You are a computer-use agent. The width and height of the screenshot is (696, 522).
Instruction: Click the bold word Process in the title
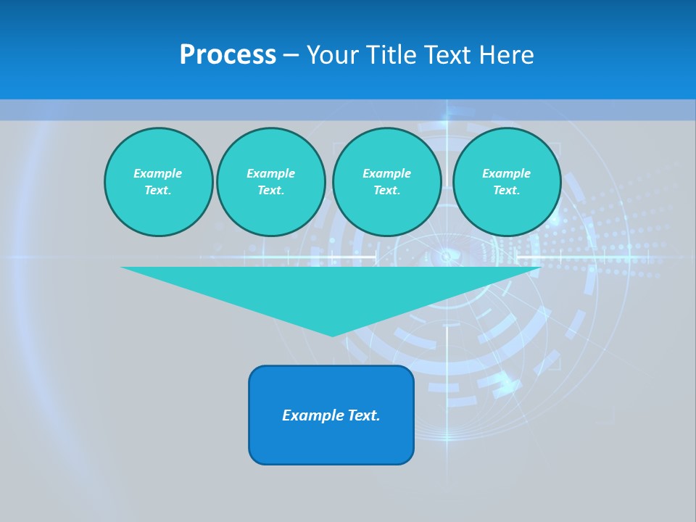point(228,55)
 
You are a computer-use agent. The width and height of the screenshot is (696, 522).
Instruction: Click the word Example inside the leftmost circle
point(158,173)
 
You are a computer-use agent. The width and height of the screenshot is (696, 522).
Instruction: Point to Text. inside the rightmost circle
point(506,190)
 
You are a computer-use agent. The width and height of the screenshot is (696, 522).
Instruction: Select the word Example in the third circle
point(386,173)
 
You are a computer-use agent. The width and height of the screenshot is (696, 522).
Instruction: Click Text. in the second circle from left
point(270,190)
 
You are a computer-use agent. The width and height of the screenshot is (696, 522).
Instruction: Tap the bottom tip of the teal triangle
point(332,334)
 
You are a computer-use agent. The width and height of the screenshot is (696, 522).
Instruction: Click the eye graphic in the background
point(445,256)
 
